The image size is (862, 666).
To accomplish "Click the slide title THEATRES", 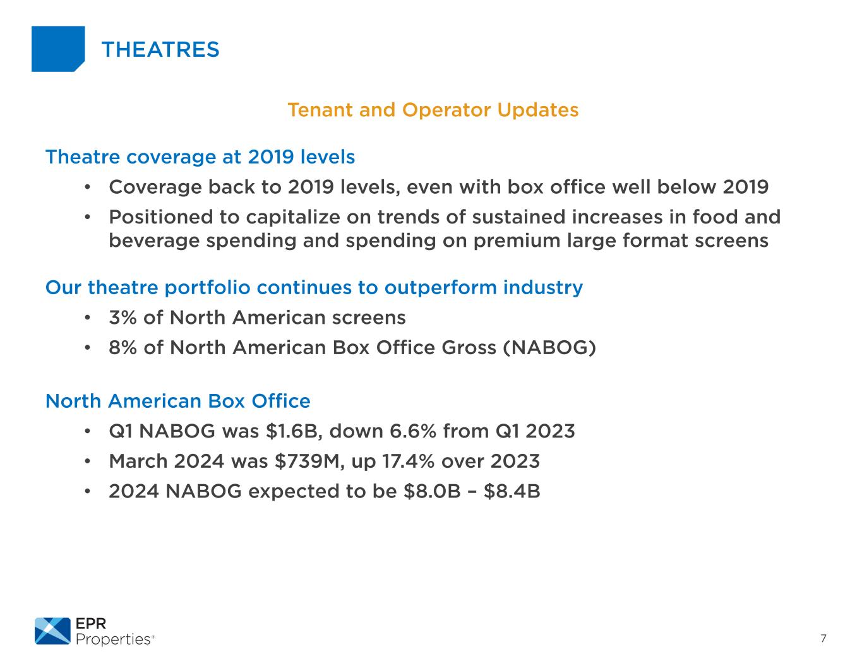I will (x=160, y=49).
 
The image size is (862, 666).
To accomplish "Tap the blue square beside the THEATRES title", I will (x=57, y=49).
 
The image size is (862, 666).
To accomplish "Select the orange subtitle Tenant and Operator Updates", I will (x=433, y=110).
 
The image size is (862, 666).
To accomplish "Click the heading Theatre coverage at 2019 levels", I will (x=200, y=157).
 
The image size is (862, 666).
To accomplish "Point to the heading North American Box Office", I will (x=178, y=401).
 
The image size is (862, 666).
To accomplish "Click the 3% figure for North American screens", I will (x=123, y=318).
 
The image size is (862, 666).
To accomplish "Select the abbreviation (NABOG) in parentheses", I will (x=549, y=348).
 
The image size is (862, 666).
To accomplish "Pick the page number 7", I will (x=823, y=638).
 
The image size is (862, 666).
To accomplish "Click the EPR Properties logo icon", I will (x=52, y=631).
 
